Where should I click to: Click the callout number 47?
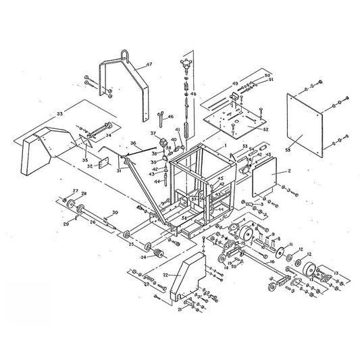tap(148, 66)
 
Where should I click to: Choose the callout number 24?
tap(143, 257)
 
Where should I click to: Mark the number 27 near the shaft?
tap(76, 192)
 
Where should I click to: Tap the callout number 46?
tap(171, 116)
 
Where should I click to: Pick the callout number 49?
tap(236, 83)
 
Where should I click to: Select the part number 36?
tap(133, 143)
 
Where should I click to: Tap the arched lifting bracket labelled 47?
tap(128, 81)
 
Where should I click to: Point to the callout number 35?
tap(84, 161)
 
